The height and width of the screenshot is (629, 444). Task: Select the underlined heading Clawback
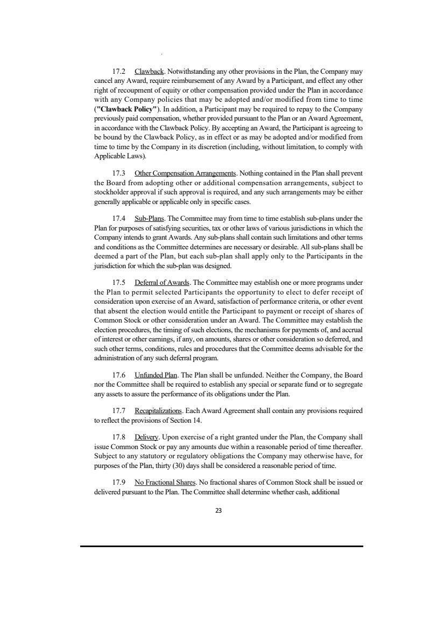click(x=147, y=71)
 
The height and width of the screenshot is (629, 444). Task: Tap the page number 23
click(x=222, y=510)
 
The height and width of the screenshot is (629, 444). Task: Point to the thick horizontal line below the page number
click(x=222, y=547)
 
